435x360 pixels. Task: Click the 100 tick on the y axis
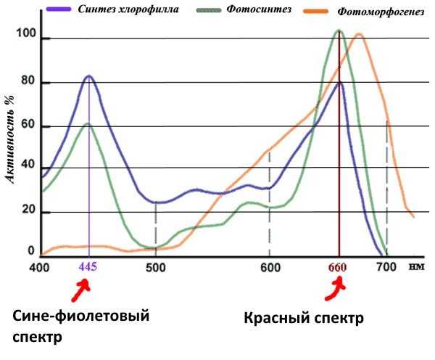click(26, 34)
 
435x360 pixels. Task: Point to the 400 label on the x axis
click(40, 267)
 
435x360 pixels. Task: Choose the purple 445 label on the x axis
click(88, 267)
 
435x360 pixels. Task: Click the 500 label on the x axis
click(156, 267)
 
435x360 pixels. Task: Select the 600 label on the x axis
click(270, 267)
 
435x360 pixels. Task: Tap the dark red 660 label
click(338, 267)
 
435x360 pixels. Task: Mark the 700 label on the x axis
click(386, 267)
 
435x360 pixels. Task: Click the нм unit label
click(415, 266)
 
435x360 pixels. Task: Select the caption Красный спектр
click(303, 318)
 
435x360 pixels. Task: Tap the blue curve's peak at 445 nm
click(88, 75)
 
